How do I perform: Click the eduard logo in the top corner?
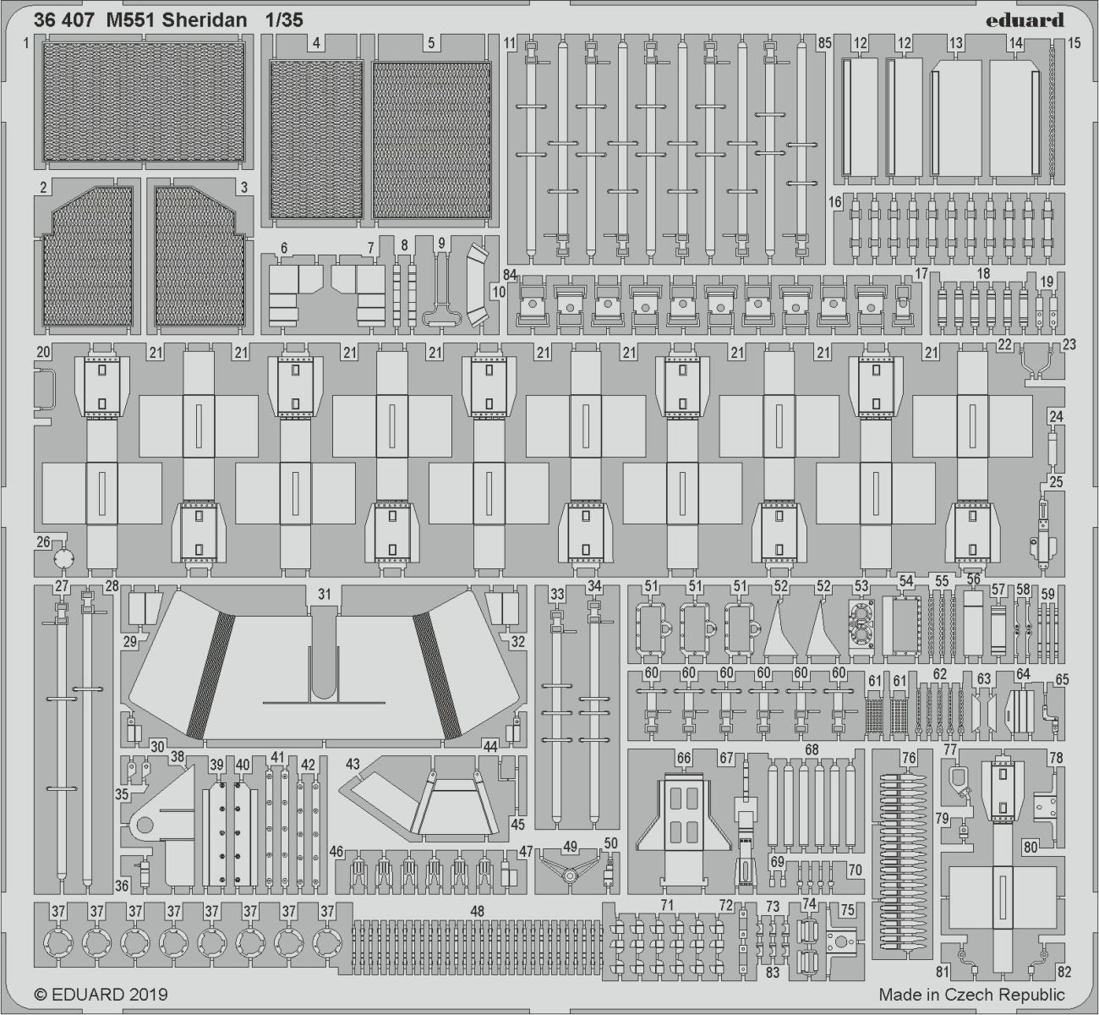[1024, 20]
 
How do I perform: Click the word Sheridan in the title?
[205, 20]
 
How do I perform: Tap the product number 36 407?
[61, 20]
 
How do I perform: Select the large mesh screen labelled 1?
[144, 101]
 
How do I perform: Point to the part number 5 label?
[431, 42]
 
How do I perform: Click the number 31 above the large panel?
[325, 594]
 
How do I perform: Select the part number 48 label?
[477, 912]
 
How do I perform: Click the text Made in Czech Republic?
[971, 995]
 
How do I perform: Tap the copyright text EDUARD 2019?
[101, 995]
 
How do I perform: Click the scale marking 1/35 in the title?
[284, 20]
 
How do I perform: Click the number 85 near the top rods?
[824, 42]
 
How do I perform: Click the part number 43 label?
[353, 764]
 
